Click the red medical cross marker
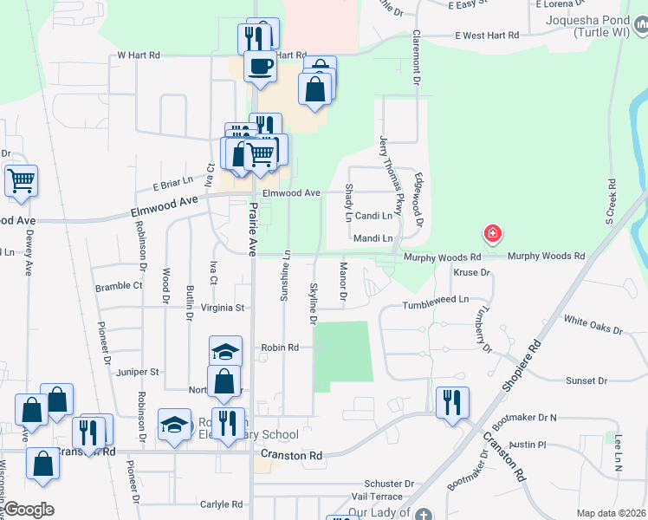pos(492,233)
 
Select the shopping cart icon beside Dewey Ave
pos(22,180)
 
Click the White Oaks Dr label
pos(593,325)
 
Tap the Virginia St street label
pos(224,307)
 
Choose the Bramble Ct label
pos(119,285)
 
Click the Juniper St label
pos(138,372)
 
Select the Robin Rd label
pos(280,348)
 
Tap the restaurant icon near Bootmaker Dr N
pos(452,402)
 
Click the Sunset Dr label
pos(586,380)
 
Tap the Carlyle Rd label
pos(222,504)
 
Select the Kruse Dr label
pos(472,272)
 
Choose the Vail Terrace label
pos(377,496)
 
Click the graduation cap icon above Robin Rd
pos(225,352)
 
